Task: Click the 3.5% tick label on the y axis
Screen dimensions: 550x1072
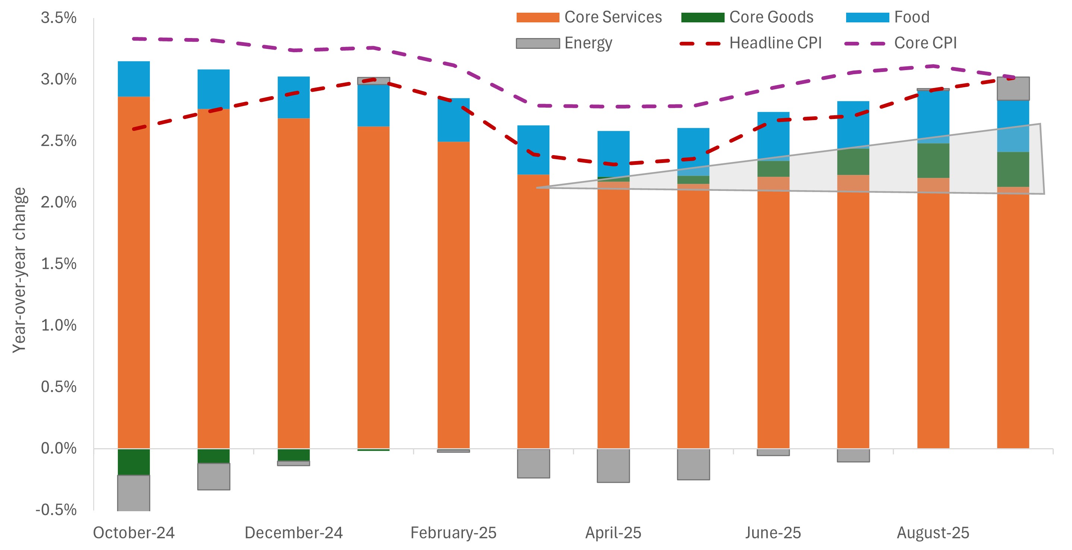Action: click(59, 18)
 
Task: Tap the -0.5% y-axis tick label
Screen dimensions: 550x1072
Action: click(56, 510)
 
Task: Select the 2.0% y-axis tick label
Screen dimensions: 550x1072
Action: click(59, 202)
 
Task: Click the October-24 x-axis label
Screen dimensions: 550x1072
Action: click(133, 533)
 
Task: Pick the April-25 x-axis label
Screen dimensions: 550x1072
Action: click(613, 533)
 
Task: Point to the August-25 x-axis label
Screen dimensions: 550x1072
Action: click(933, 533)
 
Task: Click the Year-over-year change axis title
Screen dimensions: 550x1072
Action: click(19, 270)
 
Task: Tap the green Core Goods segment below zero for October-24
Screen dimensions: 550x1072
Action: click(133, 462)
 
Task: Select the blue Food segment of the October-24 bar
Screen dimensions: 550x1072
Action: click(133, 79)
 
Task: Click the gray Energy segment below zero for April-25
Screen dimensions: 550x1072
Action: click(613, 465)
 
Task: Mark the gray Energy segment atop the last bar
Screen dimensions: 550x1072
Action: click(1013, 89)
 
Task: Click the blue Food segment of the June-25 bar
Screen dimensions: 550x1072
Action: click(773, 135)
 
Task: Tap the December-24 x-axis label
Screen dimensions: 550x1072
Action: click(293, 533)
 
